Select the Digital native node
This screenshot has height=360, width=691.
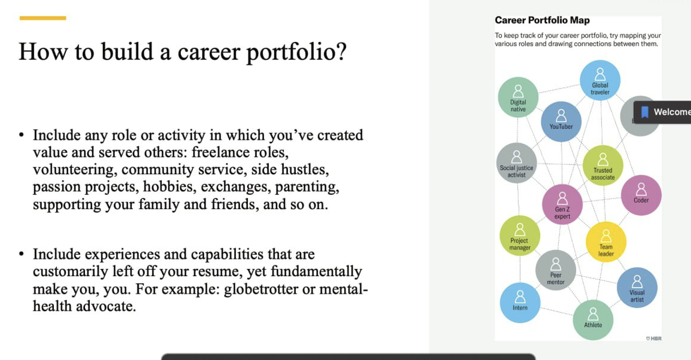518,97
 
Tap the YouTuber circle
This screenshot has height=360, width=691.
561,121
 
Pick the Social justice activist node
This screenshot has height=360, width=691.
517,163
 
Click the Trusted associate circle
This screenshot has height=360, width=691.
603,165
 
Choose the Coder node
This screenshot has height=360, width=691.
641,194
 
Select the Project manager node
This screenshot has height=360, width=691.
519,236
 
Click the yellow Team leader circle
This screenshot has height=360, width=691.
606,242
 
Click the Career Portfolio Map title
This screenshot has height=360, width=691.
542,21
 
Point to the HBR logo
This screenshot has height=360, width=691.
653,338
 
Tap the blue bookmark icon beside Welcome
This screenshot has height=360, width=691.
645,112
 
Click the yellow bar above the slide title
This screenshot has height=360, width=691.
42,18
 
